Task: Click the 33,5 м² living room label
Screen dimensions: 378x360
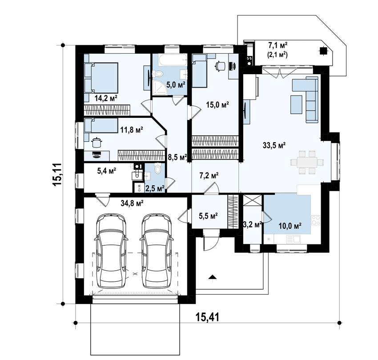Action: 274,145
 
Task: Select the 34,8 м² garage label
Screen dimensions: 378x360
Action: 132,203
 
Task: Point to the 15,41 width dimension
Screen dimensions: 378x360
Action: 208,317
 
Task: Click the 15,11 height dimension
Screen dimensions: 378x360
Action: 58,174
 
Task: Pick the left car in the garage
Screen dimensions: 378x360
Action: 111,251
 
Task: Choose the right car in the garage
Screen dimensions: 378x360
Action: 157,251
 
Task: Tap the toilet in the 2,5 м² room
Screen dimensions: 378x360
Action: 158,168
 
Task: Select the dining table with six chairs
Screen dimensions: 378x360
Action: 307,162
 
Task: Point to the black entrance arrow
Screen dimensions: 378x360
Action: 212,277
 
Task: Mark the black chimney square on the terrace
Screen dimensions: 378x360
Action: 322,51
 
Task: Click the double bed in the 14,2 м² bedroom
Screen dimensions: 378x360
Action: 101,78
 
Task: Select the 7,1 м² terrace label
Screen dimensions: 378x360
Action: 277,45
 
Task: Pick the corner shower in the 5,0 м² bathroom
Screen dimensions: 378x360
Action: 159,87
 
